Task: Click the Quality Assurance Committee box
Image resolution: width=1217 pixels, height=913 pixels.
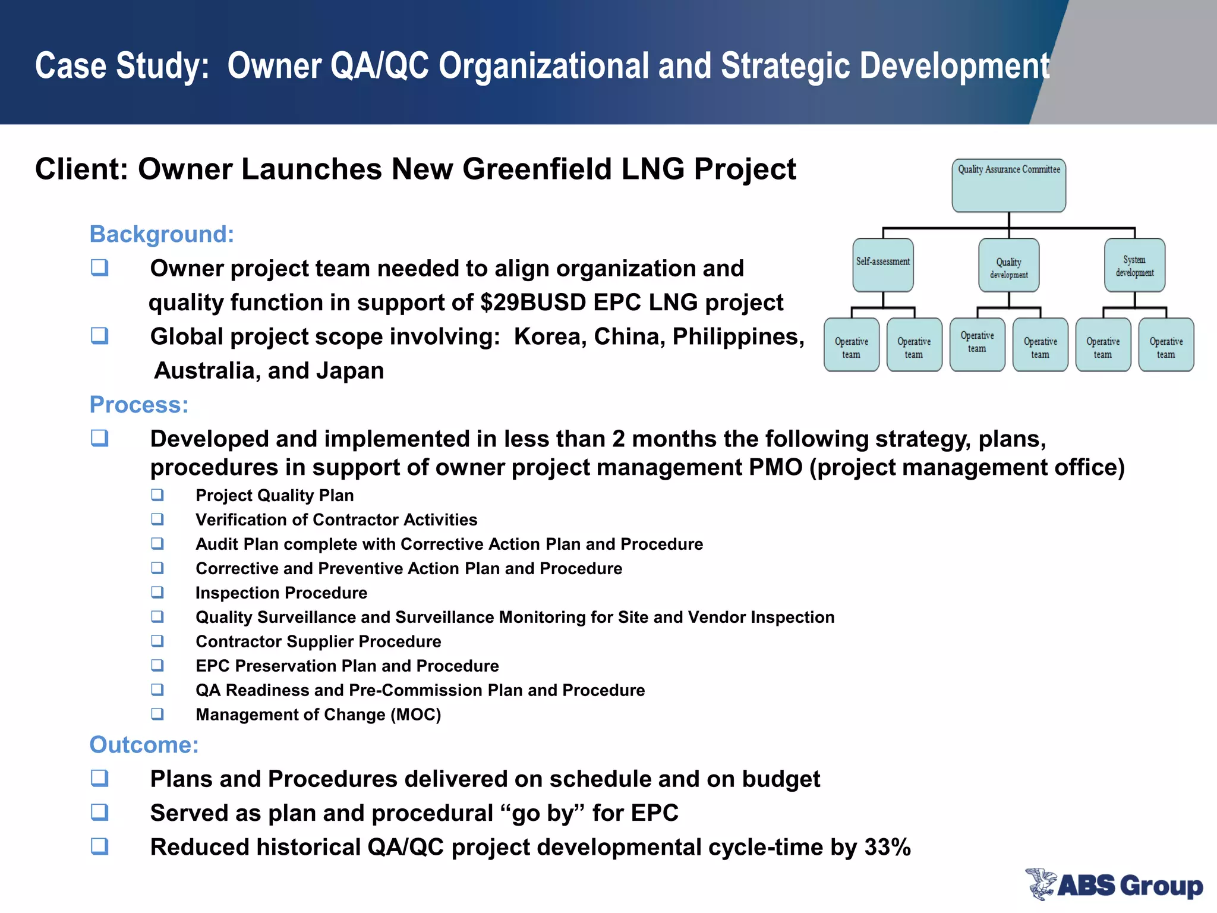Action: (x=1008, y=185)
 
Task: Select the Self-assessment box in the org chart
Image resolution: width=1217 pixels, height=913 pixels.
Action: (x=883, y=265)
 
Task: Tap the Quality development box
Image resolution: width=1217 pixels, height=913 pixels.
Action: (x=1008, y=266)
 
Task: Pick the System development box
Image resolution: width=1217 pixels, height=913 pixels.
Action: (x=1134, y=265)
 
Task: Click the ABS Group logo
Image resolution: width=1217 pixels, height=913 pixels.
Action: (x=1114, y=885)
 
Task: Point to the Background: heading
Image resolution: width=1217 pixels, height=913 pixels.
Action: (x=162, y=234)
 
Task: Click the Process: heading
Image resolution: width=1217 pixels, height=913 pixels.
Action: (x=138, y=405)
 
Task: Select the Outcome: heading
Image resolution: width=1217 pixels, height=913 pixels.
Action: (x=144, y=745)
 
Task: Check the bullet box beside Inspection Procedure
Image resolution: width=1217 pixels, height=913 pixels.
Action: (x=157, y=592)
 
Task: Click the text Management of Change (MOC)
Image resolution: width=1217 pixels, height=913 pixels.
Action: (x=318, y=714)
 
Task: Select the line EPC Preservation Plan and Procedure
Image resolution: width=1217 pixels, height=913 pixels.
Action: (x=347, y=666)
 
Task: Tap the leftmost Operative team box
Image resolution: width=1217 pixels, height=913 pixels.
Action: (x=851, y=345)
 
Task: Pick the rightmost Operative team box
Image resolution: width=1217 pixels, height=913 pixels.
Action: (x=1166, y=345)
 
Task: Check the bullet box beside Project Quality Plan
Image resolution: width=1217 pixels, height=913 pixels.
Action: (x=157, y=495)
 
